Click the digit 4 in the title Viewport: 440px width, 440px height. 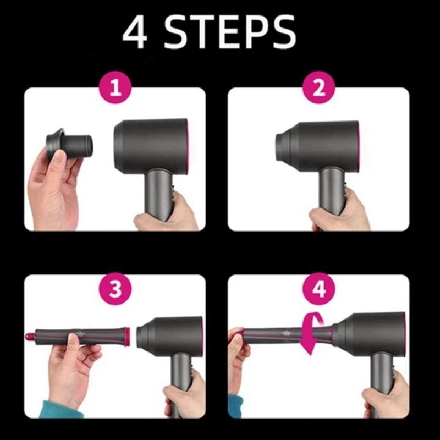tap(136, 32)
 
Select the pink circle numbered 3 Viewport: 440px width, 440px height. tap(115, 290)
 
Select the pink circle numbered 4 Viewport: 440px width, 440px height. tap(319, 290)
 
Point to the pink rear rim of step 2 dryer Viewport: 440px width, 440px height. tap(359, 144)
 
